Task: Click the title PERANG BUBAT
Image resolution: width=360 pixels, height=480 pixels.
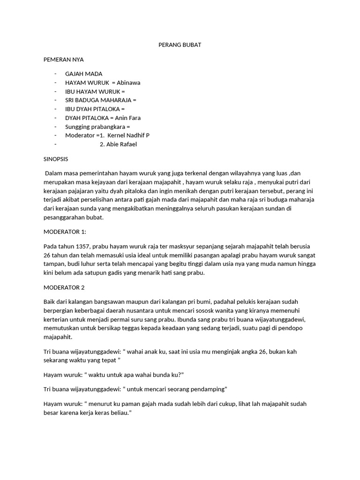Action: click(180, 45)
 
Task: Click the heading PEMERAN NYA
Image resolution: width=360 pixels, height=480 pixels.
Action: click(63, 60)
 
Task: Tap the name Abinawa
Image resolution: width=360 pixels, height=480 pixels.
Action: click(129, 82)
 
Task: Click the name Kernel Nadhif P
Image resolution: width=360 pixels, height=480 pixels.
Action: click(128, 135)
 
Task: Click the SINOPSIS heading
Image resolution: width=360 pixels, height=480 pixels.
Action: click(56, 159)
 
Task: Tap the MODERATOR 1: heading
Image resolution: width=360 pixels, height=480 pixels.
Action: click(65, 232)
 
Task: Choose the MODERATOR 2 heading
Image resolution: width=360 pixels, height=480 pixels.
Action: click(64, 287)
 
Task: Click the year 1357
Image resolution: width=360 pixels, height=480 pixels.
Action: click(78, 247)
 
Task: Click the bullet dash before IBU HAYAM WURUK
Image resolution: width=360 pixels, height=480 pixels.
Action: click(55, 91)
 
